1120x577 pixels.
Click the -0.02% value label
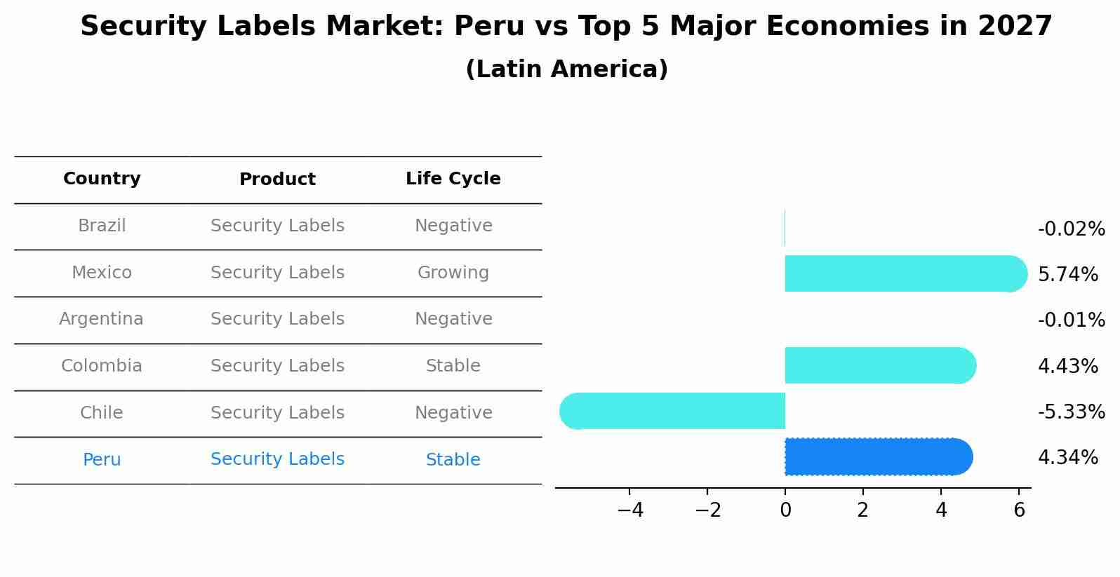[x=1071, y=229]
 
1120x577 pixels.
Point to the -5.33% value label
[x=1071, y=412]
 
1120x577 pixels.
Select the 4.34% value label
[x=1067, y=458]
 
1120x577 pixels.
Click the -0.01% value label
[x=1071, y=320]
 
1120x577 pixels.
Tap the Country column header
[x=102, y=179]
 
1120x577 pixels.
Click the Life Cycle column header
[x=453, y=179]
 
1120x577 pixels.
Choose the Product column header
[x=277, y=179]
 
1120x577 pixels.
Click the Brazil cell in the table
[x=102, y=226]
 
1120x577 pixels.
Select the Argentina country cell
[x=101, y=319]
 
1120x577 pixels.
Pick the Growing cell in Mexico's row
[x=453, y=273]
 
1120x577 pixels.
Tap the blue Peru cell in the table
[x=102, y=460]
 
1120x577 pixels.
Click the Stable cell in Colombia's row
[x=453, y=366]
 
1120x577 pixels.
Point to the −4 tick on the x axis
[x=629, y=510]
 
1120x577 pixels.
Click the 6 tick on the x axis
[x=1019, y=510]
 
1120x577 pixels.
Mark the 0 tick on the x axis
[x=785, y=510]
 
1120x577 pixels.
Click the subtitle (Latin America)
[x=566, y=69]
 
